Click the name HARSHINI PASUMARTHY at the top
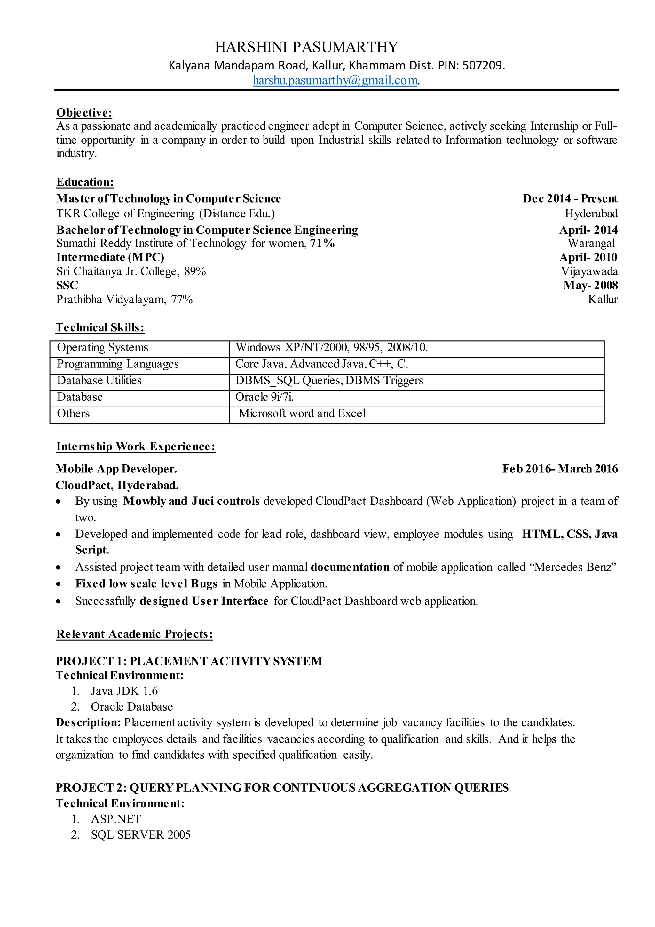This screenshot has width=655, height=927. (x=306, y=47)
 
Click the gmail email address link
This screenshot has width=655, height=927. (x=335, y=80)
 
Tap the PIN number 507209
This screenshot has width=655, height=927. (x=482, y=65)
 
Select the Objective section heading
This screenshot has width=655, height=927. (x=84, y=112)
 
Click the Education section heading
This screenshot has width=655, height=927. (x=85, y=182)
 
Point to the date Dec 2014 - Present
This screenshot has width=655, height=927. (x=570, y=199)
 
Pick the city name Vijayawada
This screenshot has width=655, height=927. (x=589, y=271)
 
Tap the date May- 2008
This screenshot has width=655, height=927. (x=590, y=286)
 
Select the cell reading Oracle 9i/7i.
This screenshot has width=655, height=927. (x=264, y=397)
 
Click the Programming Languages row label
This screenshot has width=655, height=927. (x=117, y=364)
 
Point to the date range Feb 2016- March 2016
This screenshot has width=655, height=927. (x=559, y=469)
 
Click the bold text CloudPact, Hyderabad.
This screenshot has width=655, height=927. (x=117, y=485)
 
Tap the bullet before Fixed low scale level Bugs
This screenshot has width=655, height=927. (x=59, y=584)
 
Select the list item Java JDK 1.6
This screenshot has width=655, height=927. (x=124, y=691)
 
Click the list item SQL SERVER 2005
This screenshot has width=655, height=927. (x=140, y=834)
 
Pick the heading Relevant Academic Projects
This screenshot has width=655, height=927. (x=134, y=634)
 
